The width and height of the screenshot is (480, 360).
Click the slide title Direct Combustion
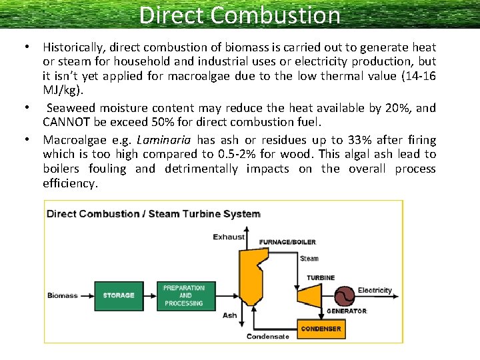(240, 15)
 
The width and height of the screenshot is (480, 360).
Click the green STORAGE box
(119, 295)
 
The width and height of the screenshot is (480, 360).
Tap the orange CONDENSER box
(321, 329)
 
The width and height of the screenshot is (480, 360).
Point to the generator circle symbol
(345, 295)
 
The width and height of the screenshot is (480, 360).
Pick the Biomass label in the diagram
(63, 295)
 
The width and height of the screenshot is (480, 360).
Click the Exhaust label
(229, 237)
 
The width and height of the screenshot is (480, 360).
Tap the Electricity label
(375, 291)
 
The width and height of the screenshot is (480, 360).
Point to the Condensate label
(268, 337)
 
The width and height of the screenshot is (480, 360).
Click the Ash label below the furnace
(229, 316)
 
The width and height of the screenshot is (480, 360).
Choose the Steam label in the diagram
(309, 259)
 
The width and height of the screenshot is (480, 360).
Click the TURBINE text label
(321, 277)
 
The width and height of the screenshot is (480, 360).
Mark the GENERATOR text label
(347, 311)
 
